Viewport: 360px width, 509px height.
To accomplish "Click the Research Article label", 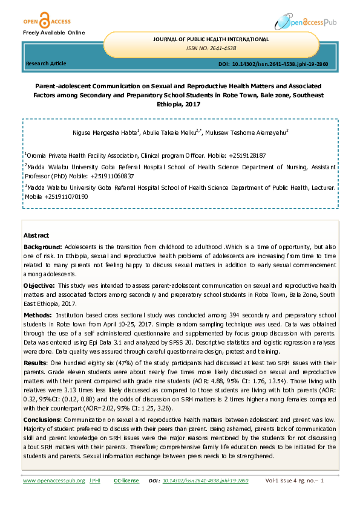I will pyautogui.click(x=46, y=63).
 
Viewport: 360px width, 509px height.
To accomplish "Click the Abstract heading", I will pyautogui.click(x=36, y=235).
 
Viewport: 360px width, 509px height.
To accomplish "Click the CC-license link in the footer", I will pyautogui.click(x=126, y=481).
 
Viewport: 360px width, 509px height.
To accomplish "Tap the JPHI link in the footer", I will pyautogui.click(x=94, y=481).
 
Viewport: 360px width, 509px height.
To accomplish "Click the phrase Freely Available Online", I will pyautogui.click(x=54, y=31).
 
